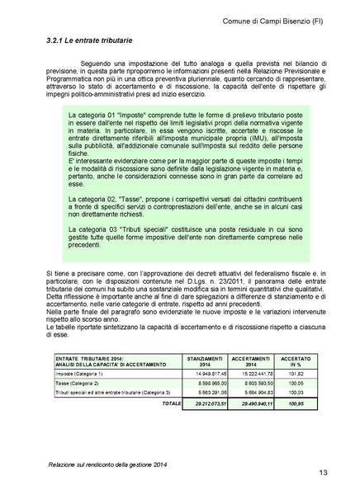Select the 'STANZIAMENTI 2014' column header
[x=207, y=362]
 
